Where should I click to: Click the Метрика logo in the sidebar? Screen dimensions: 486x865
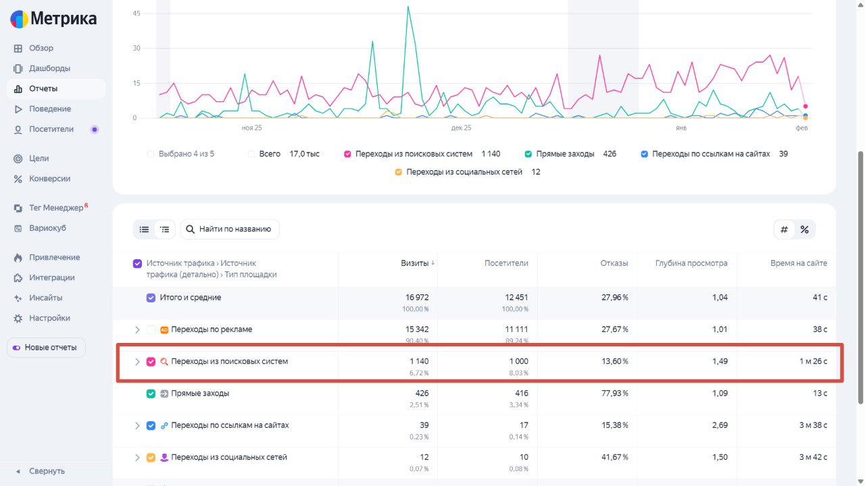point(53,19)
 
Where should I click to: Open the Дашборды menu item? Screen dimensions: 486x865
point(49,68)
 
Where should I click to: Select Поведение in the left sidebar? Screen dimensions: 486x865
point(49,109)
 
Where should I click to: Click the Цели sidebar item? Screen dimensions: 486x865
point(39,158)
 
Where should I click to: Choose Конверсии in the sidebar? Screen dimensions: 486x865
point(49,178)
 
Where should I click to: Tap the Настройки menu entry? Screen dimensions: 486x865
point(49,318)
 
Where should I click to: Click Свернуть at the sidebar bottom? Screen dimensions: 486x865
point(47,471)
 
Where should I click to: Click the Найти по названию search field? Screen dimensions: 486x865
point(230,230)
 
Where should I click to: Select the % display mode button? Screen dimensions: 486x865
point(804,230)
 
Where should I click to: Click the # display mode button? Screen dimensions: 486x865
point(784,230)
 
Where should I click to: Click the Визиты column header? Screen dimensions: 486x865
point(414,263)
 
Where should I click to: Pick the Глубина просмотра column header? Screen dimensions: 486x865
point(691,263)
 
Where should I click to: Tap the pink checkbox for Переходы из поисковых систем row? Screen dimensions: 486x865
point(151,362)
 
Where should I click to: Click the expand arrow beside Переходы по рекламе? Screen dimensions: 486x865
point(137,330)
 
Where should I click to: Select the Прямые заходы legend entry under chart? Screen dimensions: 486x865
point(564,154)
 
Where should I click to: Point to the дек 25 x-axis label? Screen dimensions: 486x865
point(461,128)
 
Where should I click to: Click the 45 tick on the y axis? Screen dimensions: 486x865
point(136,13)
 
